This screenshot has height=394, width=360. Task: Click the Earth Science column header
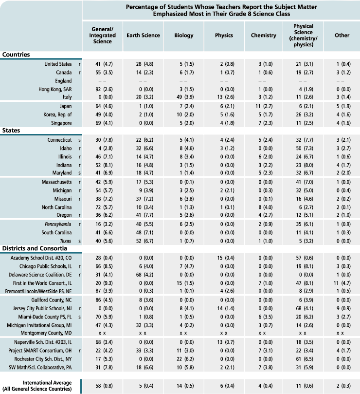(x=143, y=36)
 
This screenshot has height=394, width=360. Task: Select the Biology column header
(x=184, y=36)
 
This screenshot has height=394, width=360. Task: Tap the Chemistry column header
(x=263, y=36)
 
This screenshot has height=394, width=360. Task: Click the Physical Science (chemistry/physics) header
(x=303, y=36)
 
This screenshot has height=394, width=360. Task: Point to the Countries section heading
(x=16, y=55)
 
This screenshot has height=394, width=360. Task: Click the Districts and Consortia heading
(x=35, y=248)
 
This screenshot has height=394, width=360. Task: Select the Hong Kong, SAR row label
(x=55, y=89)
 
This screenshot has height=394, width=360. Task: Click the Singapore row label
(x=61, y=123)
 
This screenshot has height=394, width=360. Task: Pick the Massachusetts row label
(x=57, y=182)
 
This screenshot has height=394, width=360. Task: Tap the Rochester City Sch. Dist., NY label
(x=43, y=359)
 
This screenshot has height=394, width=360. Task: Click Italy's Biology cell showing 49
(x=186, y=97)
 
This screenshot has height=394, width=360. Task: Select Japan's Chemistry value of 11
(x=264, y=106)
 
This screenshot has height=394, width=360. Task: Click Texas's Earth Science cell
(x=144, y=241)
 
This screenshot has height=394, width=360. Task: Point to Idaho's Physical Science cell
(x=305, y=148)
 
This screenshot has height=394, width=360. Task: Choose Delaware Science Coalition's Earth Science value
(x=144, y=275)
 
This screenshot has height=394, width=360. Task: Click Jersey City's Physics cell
(x=225, y=308)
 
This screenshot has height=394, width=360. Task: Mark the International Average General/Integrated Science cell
(x=104, y=386)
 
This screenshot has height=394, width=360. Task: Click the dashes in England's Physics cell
(x=224, y=81)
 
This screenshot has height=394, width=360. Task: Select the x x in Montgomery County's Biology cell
(x=184, y=333)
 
